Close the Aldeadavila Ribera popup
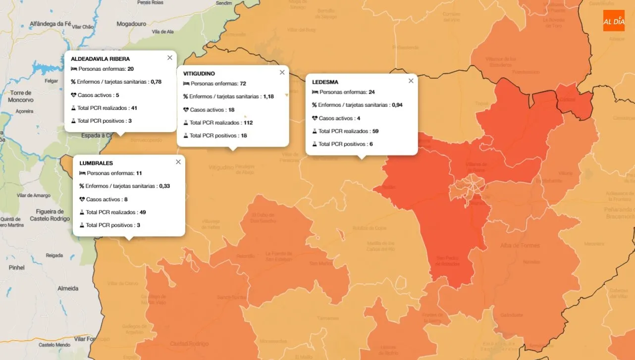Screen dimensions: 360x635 170,57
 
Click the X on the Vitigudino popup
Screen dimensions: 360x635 282,72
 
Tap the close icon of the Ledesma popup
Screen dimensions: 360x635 411,81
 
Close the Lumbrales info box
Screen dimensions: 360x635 178,162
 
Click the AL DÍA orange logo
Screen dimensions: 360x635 614,21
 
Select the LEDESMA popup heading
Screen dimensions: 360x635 325,82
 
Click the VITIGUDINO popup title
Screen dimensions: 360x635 199,74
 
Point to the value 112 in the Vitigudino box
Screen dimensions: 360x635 248,123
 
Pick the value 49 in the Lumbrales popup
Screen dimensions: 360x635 143,212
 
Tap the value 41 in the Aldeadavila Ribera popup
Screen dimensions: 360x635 134,108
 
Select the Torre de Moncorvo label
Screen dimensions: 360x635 21,96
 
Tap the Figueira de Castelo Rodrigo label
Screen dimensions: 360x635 50,215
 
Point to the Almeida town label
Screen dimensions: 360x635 68,288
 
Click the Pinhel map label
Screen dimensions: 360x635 16,267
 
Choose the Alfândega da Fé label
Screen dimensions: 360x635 51,23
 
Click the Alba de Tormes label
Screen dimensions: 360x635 520,246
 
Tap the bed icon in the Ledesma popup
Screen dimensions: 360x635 316,92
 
